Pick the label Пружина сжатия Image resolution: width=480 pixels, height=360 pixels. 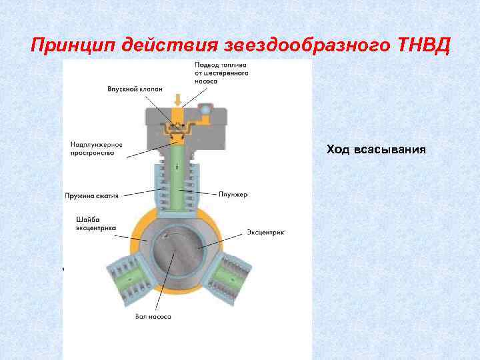click(x=92, y=196)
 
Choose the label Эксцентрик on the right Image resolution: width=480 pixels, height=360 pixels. click(x=265, y=233)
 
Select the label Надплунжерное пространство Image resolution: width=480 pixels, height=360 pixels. click(x=92, y=148)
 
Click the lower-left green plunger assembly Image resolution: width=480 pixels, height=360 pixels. click(x=127, y=279)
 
